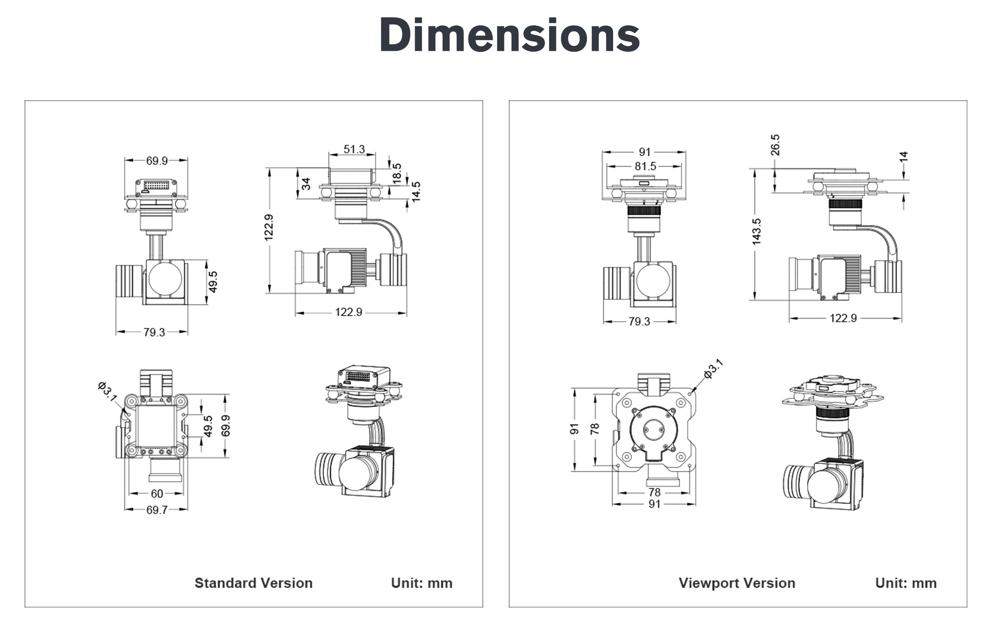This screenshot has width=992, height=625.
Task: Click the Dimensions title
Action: coord(509,35)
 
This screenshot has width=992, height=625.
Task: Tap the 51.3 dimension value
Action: coord(354,149)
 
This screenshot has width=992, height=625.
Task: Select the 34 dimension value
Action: coord(306,184)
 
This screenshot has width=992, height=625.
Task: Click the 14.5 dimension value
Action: coord(416,192)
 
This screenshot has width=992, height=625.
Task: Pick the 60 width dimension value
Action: coord(157,494)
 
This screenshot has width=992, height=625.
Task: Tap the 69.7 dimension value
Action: coord(157,510)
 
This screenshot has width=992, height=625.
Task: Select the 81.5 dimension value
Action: coord(645,166)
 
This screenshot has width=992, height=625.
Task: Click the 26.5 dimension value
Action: coord(775,145)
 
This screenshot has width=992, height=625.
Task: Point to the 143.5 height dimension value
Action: coord(756,232)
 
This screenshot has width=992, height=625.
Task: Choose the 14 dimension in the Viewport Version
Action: coord(904,157)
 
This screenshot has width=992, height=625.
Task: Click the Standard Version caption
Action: coord(253,583)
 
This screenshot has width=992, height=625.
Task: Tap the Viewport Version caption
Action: coord(737,583)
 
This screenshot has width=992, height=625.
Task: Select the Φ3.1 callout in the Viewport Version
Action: coord(713,368)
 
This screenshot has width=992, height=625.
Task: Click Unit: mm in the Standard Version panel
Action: coord(421,583)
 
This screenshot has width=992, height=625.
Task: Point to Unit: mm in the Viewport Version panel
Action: coord(906,583)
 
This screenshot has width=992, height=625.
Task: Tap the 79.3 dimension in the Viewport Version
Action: coord(639,322)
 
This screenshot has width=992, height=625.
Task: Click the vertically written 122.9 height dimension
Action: coord(269,227)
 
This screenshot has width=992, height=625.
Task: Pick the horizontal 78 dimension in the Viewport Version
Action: coord(654,493)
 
